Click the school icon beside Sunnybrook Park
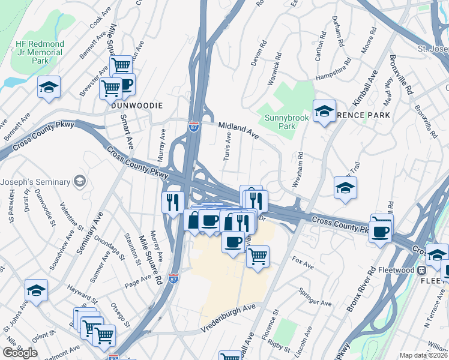(x=324, y=112)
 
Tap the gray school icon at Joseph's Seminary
(x=79, y=181)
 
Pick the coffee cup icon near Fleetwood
(x=381, y=231)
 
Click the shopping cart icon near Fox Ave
(x=258, y=257)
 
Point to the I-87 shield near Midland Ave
(x=193, y=127)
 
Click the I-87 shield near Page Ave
(x=173, y=278)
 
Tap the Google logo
(x=19, y=352)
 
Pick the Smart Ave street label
(x=127, y=133)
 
